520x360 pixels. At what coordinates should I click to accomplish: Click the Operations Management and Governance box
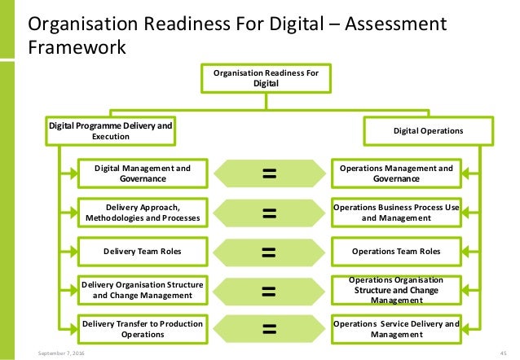pyautogui.click(x=396, y=173)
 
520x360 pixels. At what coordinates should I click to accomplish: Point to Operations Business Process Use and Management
pyautogui.click(x=396, y=213)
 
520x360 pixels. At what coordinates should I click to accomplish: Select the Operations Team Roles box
pyautogui.click(x=396, y=252)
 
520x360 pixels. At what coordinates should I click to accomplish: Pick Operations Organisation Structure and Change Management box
pyautogui.click(x=396, y=291)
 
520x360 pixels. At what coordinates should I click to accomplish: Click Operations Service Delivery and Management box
pyautogui.click(x=396, y=329)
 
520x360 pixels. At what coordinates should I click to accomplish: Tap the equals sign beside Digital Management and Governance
pyautogui.click(x=269, y=173)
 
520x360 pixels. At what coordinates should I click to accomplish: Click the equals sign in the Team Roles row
pyautogui.click(x=269, y=252)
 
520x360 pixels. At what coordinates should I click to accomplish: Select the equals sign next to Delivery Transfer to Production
pyautogui.click(x=269, y=329)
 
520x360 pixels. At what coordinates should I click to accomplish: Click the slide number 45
pyautogui.click(x=501, y=353)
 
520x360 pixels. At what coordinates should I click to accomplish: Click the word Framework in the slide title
pyautogui.click(x=77, y=47)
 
